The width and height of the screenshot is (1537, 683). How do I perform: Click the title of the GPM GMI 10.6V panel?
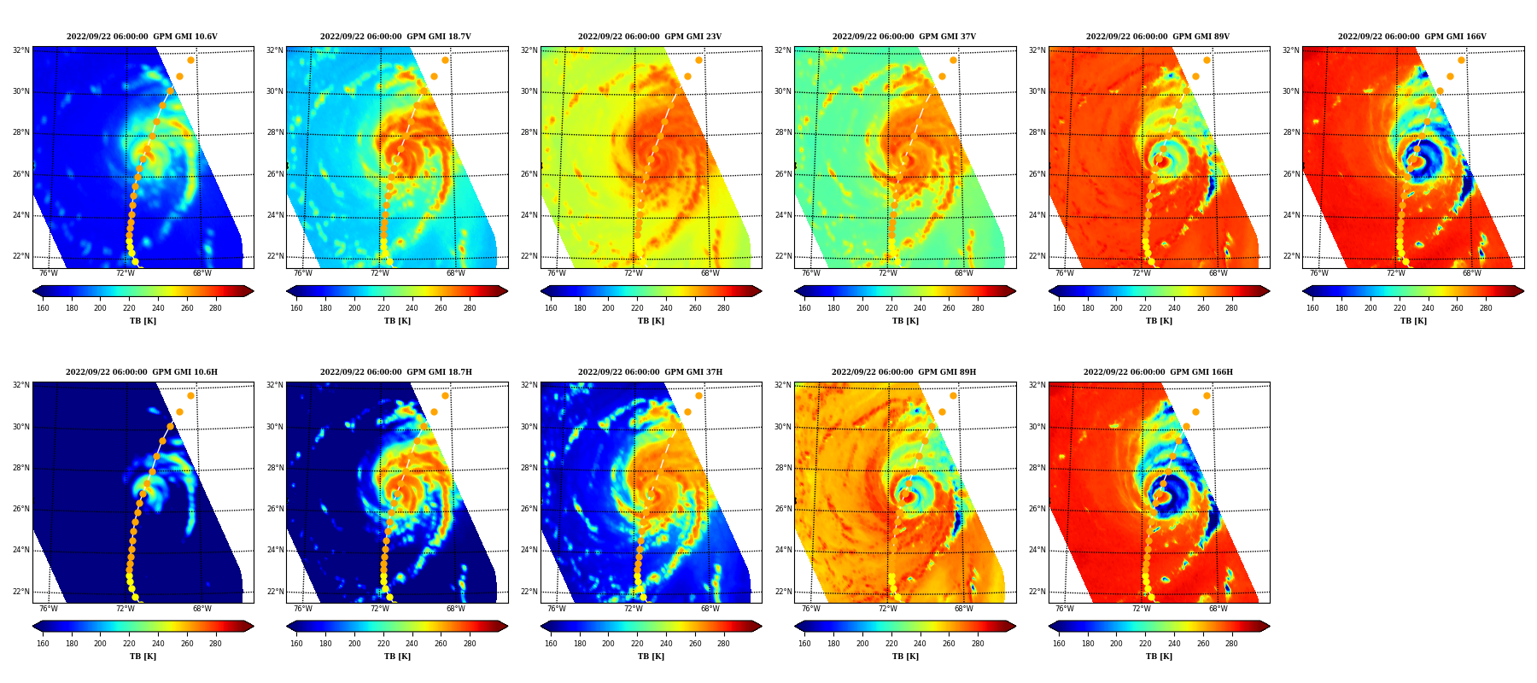pos(142,37)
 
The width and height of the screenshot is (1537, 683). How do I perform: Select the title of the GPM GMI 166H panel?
pos(1158,372)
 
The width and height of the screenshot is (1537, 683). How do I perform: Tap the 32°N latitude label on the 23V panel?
pos(529,50)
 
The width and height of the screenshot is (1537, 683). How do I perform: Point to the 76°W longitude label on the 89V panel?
pos(1065,273)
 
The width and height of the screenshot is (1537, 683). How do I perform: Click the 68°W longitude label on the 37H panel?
pos(710,609)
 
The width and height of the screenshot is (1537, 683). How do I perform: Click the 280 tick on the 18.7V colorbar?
pos(470,308)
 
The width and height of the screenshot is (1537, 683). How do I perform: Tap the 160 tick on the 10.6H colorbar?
pos(43,644)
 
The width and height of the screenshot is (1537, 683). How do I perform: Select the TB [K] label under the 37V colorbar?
pos(905,321)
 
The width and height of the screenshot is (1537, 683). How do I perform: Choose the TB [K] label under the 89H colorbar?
pos(905,657)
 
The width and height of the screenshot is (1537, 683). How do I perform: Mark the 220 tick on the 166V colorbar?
pos(1400,308)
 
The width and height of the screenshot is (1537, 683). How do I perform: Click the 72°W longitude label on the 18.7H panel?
pos(379,609)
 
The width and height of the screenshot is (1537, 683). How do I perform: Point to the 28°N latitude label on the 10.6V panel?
pos(21,132)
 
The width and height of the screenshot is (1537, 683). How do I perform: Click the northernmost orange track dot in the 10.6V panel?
pos(190,60)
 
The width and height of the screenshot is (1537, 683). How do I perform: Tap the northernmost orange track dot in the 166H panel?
pos(1207,395)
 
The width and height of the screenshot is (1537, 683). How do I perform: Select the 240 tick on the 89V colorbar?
pos(1174,308)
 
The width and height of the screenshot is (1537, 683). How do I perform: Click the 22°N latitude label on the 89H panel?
pos(783,592)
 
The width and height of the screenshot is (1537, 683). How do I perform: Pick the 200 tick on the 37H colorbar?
pos(608,644)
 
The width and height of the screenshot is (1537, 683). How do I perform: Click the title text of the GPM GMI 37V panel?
pos(904,37)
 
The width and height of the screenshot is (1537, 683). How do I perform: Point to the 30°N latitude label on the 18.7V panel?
pos(275,91)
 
